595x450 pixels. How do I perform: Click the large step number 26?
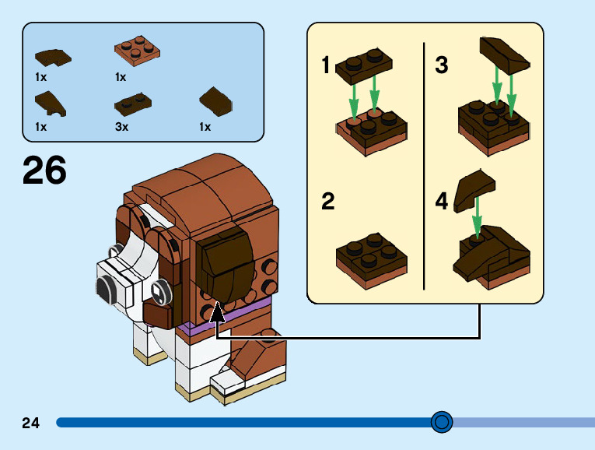click(x=44, y=170)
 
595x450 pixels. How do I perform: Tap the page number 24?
click(x=31, y=423)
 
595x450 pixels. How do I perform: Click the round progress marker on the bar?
click(x=442, y=422)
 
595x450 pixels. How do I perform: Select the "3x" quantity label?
click(x=122, y=126)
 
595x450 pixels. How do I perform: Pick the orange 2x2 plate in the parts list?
click(x=137, y=51)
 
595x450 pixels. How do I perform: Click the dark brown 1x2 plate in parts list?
click(x=133, y=104)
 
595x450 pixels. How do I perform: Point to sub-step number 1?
click(x=326, y=65)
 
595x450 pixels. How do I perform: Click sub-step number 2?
click(x=328, y=201)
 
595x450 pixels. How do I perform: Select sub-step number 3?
click(x=442, y=65)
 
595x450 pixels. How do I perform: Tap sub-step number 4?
click(x=442, y=201)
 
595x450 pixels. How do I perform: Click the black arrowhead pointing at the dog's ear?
click(x=217, y=311)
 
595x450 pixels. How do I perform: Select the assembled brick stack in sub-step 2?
click(x=372, y=261)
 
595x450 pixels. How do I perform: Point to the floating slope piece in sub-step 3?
click(x=504, y=55)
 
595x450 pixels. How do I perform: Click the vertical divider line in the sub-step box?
click(x=424, y=166)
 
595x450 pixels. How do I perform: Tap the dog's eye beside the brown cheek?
click(x=159, y=292)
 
